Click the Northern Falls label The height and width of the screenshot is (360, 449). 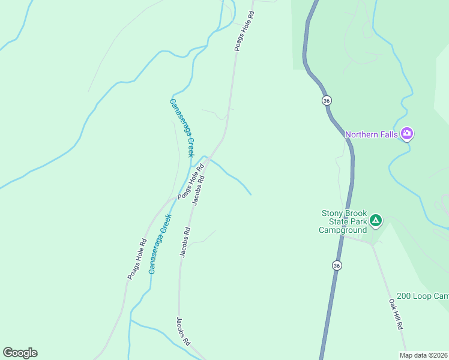tap(372, 134)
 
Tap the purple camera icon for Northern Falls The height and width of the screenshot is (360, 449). tap(407, 133)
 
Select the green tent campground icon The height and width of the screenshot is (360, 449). tap(375, 221)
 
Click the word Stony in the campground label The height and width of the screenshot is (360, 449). tap(332, 213)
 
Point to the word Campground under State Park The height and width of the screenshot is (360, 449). tap(342, 230)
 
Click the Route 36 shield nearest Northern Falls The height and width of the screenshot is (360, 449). tap(326, 100)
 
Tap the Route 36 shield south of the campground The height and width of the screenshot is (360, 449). tap(337, 265)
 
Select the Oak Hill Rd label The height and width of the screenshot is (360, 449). tap(395, 314)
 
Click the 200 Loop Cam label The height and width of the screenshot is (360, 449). tap(423, 296)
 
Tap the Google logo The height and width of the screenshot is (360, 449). tap(20, 353)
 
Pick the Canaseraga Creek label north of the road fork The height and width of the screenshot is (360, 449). tap(182, 128)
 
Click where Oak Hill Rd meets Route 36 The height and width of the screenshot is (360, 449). tap(343, 235)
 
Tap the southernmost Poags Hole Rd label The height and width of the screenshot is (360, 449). tap(137, 259)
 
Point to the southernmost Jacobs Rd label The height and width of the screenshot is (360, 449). tap(183, 331)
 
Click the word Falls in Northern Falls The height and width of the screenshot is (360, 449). tap(387, 134)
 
